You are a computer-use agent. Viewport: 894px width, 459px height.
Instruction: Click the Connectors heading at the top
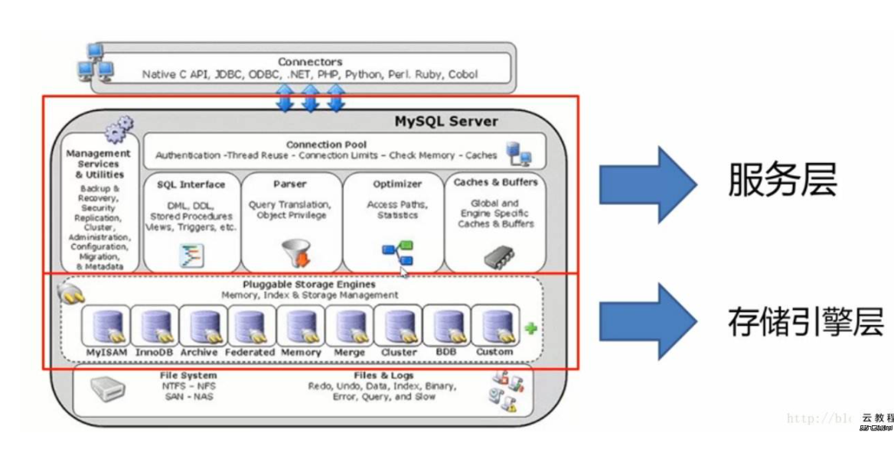tap(310, 62)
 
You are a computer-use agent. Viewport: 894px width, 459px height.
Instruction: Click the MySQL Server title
tap(446, 121)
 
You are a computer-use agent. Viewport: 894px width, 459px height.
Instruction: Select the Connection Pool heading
tap(326, 144)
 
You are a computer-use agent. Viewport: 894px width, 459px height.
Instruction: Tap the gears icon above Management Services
tap(119, 129)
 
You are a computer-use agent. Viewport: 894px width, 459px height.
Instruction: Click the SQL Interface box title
tap(191, 184)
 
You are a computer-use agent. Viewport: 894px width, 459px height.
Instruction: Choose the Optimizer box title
tap(397, 184)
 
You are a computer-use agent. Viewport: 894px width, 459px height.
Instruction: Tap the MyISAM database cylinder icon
tap(105, 327)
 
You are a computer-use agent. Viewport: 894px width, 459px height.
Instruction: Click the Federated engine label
tap(250, 352)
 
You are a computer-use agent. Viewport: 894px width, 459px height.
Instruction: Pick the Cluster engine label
tap(399, 352)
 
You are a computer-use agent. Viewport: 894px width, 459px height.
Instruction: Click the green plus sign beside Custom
tap(530, 328)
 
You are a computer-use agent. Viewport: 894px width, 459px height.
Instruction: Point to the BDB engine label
tap(446, 352)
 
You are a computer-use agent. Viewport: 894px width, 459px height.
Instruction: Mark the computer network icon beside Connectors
tap(96, 63)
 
